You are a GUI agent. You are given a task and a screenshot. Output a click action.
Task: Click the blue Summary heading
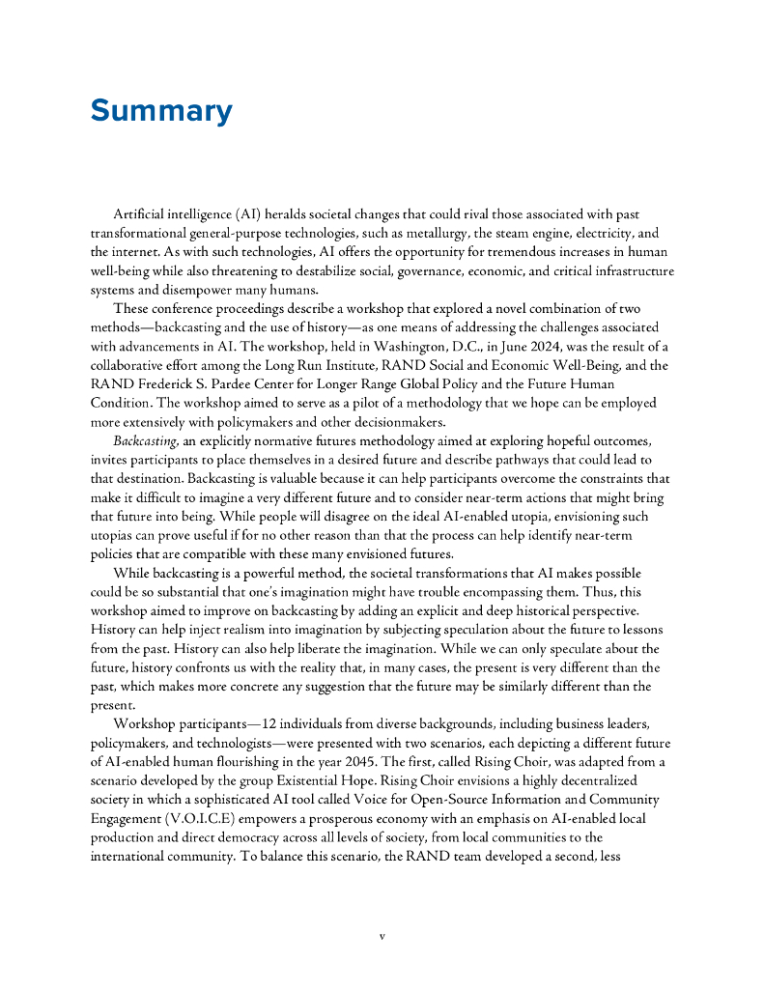pos(161,111)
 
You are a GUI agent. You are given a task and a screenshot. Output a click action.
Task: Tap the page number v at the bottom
pos(382,936)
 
